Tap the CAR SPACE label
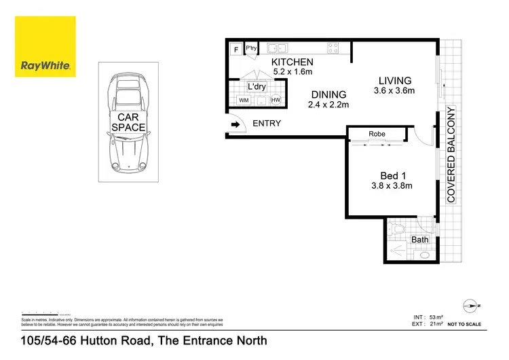pos(128,122)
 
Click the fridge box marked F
pos(236,49)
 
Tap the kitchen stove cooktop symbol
pos(334,48)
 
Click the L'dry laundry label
pos(257,87)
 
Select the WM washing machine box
pos(244,101)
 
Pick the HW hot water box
pos(276,101)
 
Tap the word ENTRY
pos(266,124)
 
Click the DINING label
pos(328,94)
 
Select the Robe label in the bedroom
pos(377,134)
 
